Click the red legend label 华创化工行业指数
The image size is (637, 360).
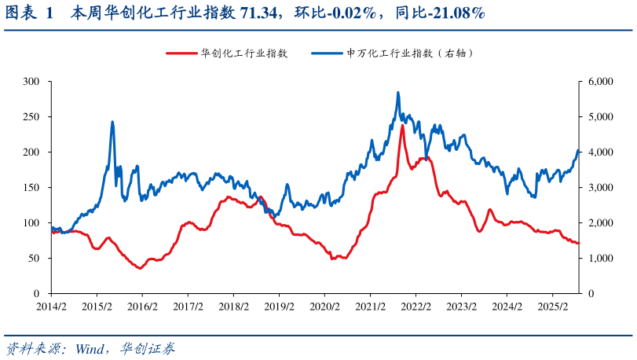(x=243, y=53)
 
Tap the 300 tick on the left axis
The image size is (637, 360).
(x=31, y=81)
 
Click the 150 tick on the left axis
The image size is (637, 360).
(x=31, y=187)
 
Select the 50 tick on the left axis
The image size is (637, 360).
(x=34, y=258)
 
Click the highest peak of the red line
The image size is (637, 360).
(x=403, y=125)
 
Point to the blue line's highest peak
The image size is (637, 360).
(x=398, y=93)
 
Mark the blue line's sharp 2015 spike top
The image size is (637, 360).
(x=112, y=122)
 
